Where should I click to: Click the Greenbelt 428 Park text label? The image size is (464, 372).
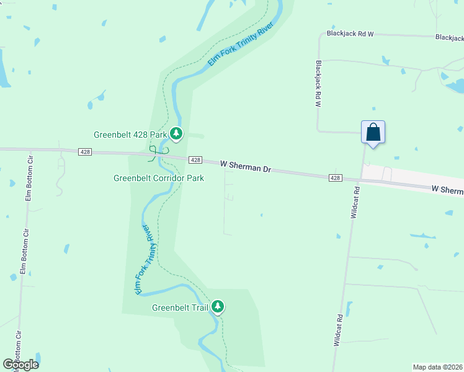(x=131, y=134)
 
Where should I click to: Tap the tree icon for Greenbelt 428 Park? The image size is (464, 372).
(x=176, y=133)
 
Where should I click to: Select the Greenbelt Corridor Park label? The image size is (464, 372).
(x=159, y=178)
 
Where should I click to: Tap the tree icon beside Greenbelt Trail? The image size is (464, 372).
(x=218, y=306)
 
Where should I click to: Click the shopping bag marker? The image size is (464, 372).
(x=373, y=132)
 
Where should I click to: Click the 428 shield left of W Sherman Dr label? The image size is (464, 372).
(x=195, y=160)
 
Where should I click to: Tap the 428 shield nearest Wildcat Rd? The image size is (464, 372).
(x=335, y=178)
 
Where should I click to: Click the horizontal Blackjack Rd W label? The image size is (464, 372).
(x=350, y=33)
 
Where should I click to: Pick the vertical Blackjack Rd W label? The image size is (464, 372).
(x=318, y=84)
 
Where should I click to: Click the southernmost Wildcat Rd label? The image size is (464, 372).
(x=338, y=330)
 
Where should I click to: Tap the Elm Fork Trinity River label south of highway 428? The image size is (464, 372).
(x=143, y=259)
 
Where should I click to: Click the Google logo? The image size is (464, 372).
(x=20, y=364)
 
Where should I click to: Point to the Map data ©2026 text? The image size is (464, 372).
(x=437, y=367)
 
